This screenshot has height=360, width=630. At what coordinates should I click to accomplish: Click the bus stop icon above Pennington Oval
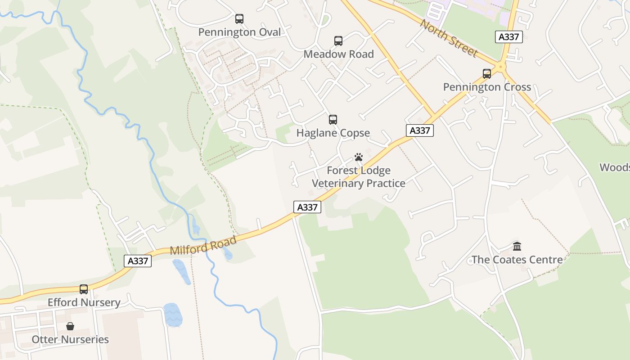tap(239, 19)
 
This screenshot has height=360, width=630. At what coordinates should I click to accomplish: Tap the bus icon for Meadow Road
tap(338, 41)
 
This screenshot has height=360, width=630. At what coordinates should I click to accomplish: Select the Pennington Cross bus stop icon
tap(487, 74)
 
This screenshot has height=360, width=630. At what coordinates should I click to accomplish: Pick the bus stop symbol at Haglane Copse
tap(333, 120)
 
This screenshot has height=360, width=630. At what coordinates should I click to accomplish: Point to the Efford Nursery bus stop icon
tap(84, 289)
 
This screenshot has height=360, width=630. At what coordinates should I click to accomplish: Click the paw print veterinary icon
tap(359, 157)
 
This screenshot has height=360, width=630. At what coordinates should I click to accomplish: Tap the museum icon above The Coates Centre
tap(517, 247)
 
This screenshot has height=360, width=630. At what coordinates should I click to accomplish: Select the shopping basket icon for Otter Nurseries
tap(70, 326)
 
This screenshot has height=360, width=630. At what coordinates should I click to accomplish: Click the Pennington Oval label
tap(239, 32)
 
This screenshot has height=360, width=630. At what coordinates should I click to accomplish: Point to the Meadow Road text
tap(338, 54)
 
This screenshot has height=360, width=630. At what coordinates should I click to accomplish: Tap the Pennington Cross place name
tap(487, 87)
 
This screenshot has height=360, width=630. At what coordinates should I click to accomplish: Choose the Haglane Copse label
tap(333, 133)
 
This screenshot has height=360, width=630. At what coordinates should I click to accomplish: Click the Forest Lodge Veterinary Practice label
tap(359, 177)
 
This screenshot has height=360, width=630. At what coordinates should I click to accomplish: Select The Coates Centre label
tap(517, 260)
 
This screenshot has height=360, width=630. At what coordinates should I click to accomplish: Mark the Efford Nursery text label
tap(84, 302)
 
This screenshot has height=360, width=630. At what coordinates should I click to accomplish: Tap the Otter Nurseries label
tap(70, 339)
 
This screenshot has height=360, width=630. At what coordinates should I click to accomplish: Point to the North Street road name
tap(448, 38)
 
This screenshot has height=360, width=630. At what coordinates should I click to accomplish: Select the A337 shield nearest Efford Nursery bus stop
tap(138, 261)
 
